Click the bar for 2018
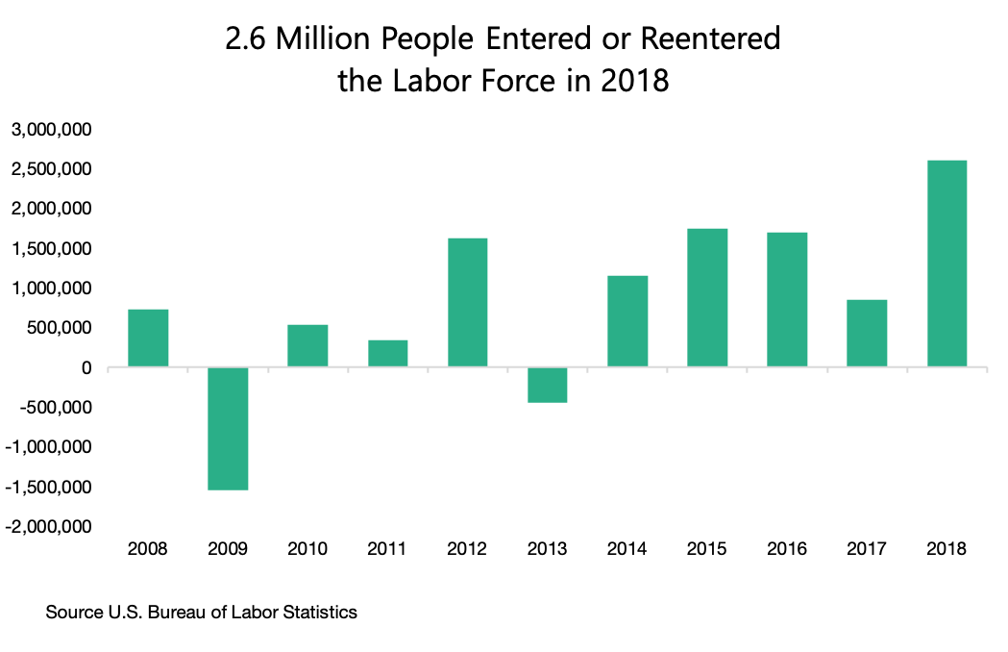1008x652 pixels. pos(947,263)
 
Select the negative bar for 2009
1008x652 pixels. pos(228,429)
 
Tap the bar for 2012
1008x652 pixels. pos(467,302)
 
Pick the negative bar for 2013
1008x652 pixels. pos(548,385)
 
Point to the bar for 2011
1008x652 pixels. pos(387,353)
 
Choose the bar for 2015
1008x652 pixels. pos(707,297)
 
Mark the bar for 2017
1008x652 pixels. pos(867,333)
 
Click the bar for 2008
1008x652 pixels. pos(148,338)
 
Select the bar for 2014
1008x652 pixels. pos(627,321)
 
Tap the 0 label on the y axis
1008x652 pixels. pos(86,368)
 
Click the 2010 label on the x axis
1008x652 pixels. pos(307,549)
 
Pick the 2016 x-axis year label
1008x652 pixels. pos(787,549)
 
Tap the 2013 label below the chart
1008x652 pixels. pos(548,549)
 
